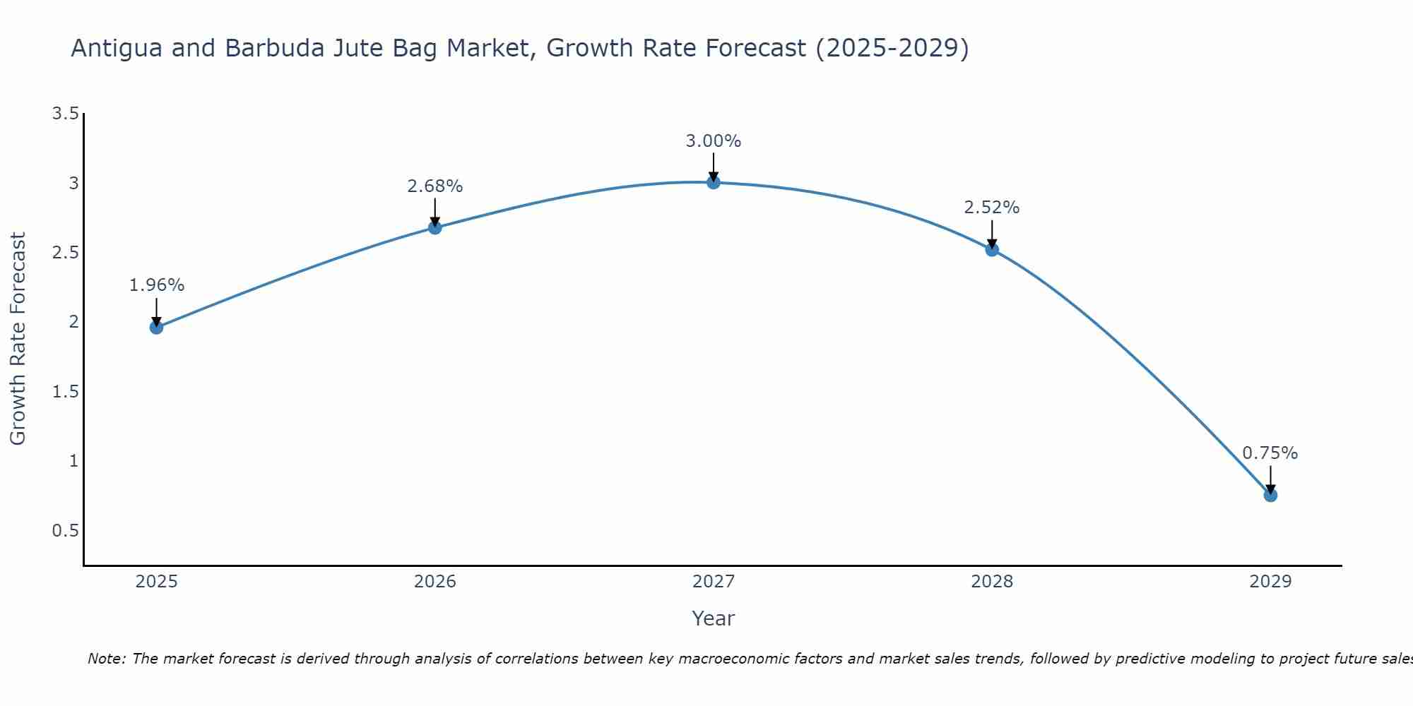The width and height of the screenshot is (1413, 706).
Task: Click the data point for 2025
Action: (x=156, y=327)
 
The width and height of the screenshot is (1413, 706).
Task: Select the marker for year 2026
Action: (x=435, y=227)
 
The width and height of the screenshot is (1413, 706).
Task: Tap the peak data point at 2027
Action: (x=714, y=182)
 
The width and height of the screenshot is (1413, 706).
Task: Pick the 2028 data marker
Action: (x=992, y=249)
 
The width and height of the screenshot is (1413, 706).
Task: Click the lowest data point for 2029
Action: (x=1270, y=495)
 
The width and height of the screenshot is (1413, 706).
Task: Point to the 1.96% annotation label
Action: (x=156, y=285)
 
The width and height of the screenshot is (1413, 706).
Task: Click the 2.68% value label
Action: (x=435, y=186)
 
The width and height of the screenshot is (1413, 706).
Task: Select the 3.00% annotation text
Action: (x=714, y=141)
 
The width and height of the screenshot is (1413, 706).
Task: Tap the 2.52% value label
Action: (x=992, y=208)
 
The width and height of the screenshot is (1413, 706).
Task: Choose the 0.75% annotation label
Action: (x=1270, y=453)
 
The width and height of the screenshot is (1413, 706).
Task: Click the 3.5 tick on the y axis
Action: (x=65, y=114)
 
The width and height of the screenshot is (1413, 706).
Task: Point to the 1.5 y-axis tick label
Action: (x=65, y=392)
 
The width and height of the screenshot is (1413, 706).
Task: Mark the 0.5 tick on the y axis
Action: (x=65, y=531)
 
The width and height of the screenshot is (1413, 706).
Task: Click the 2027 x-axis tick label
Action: (x=714, y=582)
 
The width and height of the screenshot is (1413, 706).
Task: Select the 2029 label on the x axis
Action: (x=1270, y=582)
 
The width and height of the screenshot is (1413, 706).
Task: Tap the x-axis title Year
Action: (x=714, y=618)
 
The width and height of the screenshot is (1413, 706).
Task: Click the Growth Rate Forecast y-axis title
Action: (x=18, y=339)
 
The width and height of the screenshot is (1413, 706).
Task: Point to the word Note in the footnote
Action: (x=106, y=659)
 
